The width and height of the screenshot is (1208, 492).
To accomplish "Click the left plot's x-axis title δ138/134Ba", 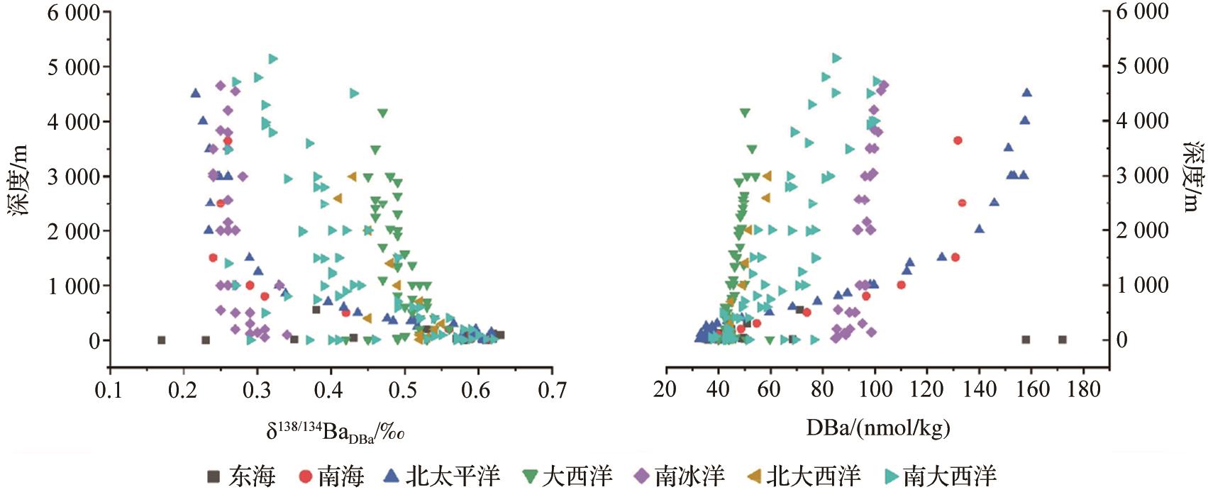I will pyautogui.click(x=335, y=430).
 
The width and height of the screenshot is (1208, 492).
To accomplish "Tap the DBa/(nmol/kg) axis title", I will pyautogui.click(x=878, y=427).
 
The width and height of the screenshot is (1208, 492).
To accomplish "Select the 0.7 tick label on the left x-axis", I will pyautogui.click(x=551, y=390).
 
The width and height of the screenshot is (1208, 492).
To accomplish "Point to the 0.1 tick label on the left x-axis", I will pyautogui.click(x=110, y=390).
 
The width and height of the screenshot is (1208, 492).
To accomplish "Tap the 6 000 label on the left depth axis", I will pyautogui.click(x=74, y=12).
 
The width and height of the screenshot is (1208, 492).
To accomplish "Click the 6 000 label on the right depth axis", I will pyautogui.click(x=1143, y=11).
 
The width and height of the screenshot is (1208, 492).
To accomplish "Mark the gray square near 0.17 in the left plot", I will pyautogui.click(x=161, y=340).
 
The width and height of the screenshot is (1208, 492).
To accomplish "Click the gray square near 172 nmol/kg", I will pyautogui.click(x=1062, y=340).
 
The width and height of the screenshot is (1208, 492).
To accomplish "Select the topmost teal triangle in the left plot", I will pyautogui.click(x=273, y=59).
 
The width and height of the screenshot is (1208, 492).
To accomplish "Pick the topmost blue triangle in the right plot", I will pyautogui.click(x=1026, y=93).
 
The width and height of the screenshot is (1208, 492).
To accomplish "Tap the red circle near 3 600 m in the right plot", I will pyautogui.click(x=958, y=140).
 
